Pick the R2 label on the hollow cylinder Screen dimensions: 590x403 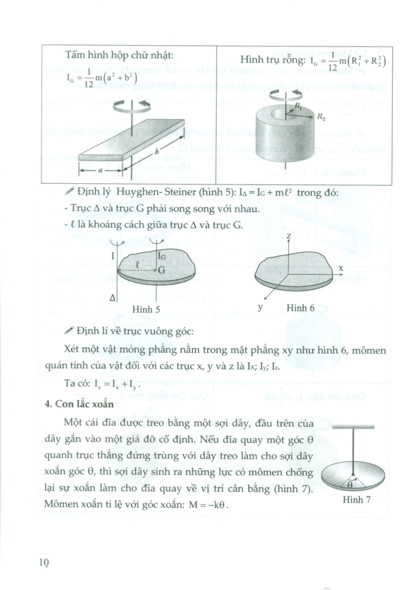tap(320, 116)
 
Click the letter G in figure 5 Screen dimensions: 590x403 tap(162, 268)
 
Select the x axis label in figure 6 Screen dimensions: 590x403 tap(341, 268)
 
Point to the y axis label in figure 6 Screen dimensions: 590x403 tap(260, 307)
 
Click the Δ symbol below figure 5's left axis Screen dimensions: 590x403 tap(112, 297)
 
